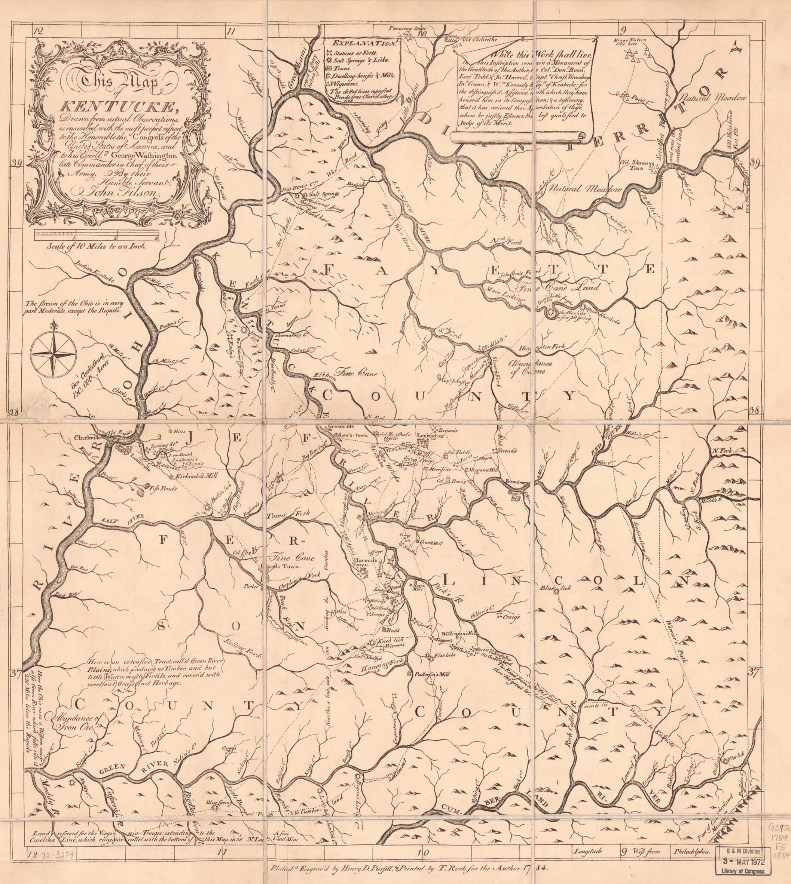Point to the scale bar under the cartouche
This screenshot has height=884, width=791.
(97, 235)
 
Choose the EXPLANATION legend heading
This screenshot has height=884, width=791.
(360, 43)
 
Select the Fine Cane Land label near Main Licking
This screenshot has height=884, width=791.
(558, 287)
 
